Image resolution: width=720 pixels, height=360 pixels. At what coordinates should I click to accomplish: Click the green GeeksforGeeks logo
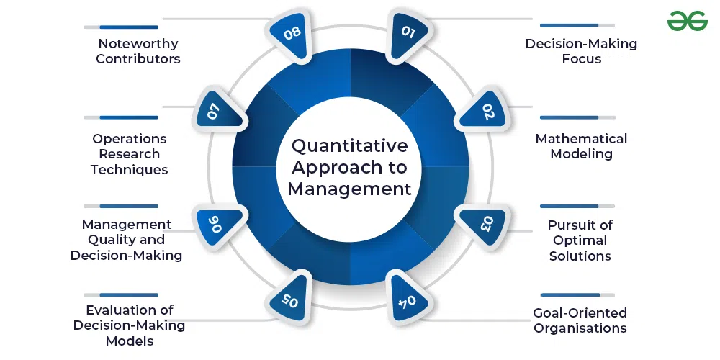pos(688,21)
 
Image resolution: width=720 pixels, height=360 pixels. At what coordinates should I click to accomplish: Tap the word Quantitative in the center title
pos(349,146)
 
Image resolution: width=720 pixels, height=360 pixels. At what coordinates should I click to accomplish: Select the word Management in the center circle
pos(349,189)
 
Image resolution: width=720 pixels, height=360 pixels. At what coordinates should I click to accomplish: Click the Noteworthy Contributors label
pos(138,51)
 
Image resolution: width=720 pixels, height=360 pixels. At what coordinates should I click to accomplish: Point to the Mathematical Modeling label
pos(581,146)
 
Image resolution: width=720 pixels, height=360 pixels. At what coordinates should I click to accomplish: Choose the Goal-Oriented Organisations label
pos(580,320)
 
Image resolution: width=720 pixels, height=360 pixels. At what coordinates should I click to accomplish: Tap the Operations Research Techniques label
pos(130,154)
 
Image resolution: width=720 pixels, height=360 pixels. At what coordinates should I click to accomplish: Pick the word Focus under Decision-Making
pos(582,59)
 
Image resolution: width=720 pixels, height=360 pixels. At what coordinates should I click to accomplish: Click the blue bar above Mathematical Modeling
pos(570,117)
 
